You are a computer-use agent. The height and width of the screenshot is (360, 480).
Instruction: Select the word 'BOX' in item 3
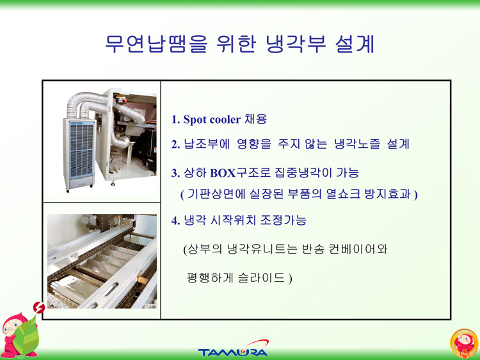(223, 174)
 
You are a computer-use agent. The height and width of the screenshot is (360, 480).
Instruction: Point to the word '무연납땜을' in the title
(156, 44)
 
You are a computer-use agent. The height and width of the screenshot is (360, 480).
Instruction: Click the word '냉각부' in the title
(296, 44)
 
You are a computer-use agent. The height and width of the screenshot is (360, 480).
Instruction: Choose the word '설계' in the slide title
(355, 44)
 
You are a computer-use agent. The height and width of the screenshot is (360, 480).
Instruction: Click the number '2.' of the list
(175, 144)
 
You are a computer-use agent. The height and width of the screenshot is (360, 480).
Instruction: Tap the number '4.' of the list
(175, 220)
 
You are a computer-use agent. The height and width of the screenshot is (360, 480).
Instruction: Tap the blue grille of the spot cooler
(81, 150)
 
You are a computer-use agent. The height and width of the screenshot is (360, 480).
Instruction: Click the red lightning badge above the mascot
(39, 307)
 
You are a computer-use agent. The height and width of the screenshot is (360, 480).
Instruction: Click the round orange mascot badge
(464, 343)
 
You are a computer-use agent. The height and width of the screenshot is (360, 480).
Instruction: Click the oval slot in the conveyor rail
(111, 289)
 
